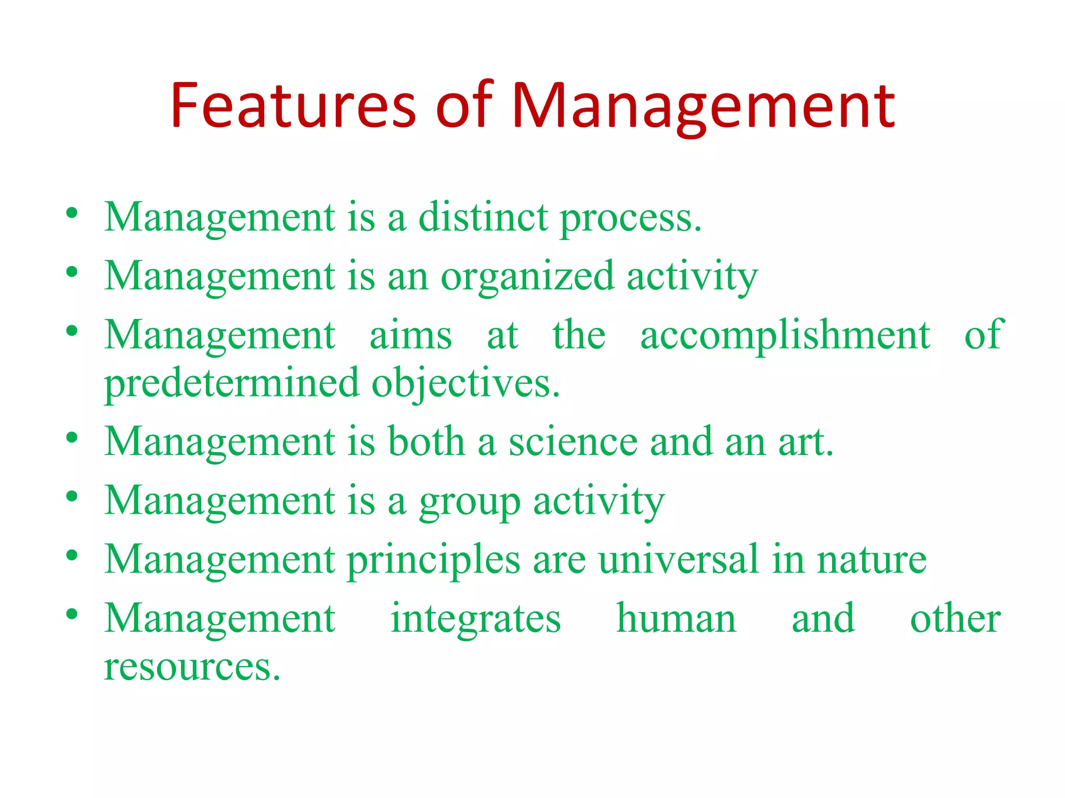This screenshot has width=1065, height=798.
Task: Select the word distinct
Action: [x=483, y=217]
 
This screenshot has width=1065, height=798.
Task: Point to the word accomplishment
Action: [x=785, y=336]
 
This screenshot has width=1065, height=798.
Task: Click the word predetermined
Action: [x=231, y=383]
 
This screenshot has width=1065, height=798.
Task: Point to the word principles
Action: [x=433, y=561]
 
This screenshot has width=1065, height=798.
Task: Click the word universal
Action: [x=679, y=560]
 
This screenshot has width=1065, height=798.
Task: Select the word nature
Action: [x=872, y=561]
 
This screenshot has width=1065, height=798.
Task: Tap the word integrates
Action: [x=476, y=619]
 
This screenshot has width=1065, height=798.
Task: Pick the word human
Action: [x=676, y=618]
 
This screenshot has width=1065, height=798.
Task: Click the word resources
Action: [x=192, y=667]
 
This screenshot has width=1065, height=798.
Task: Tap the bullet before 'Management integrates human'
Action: [x=72, y=615]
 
